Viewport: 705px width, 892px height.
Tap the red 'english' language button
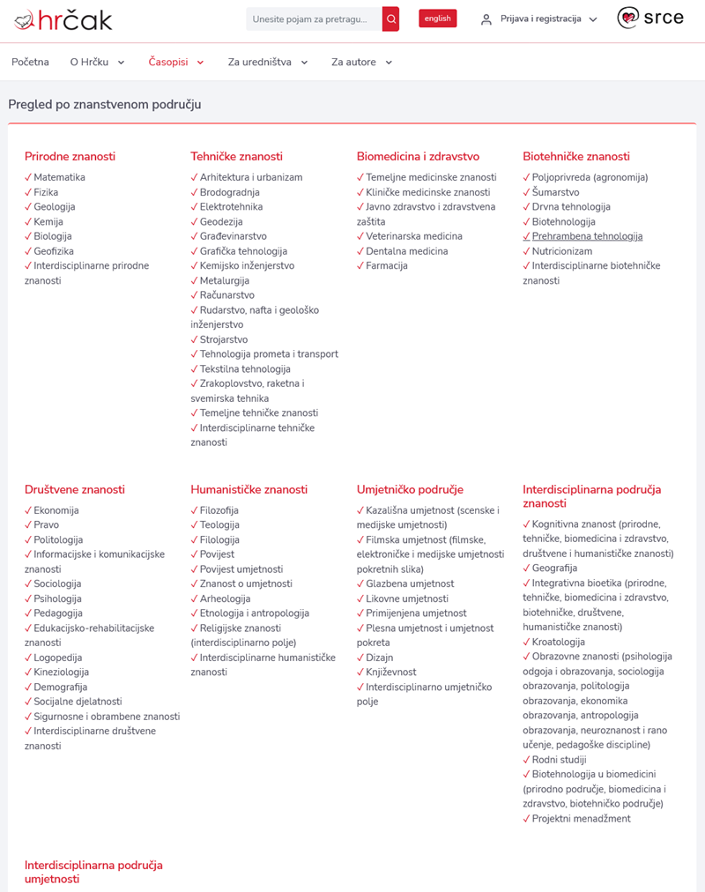437,19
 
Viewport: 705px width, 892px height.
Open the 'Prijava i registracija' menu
539,19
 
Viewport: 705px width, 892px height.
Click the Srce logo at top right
650,19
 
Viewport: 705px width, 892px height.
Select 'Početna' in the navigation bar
30,62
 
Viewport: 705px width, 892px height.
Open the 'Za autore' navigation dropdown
361,62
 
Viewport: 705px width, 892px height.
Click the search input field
314,19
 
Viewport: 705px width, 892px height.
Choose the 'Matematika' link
59,177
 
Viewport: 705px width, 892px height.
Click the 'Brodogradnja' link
229,192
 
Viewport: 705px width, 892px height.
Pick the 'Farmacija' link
387,265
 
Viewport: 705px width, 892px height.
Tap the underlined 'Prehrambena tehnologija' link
587,236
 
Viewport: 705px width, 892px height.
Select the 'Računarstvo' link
226,295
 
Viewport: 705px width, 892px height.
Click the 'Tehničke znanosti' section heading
236,156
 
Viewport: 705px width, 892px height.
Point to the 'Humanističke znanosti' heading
249,489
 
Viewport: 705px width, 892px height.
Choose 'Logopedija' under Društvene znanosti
58,658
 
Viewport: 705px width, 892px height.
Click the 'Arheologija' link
225,598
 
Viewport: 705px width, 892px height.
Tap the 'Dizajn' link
380,658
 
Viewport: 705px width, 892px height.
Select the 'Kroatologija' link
559,642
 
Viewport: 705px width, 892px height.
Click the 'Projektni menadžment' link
582,819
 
